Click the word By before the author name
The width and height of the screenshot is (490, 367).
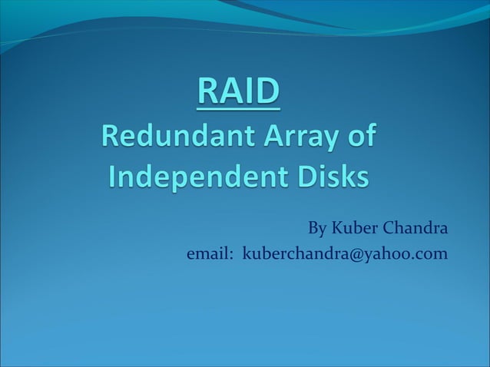(316, 229)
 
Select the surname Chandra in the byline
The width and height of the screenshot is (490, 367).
(414, 229)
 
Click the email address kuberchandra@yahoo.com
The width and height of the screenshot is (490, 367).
(345, 254)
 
